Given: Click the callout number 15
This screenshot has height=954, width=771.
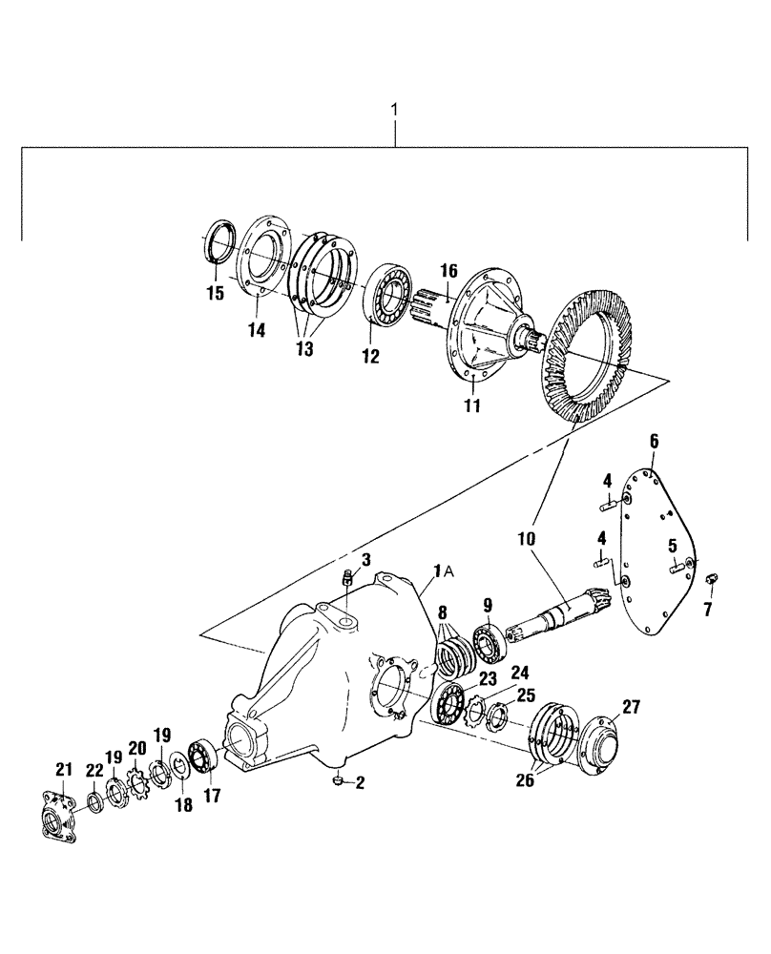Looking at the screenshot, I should click(216, 293).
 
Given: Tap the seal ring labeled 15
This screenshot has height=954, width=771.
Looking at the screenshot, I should click(220, 239).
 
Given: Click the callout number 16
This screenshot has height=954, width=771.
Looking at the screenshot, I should click(449, 272).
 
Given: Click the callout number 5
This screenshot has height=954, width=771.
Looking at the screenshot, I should click(672, 546).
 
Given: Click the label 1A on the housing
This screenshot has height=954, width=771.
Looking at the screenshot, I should click(445, 570).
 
